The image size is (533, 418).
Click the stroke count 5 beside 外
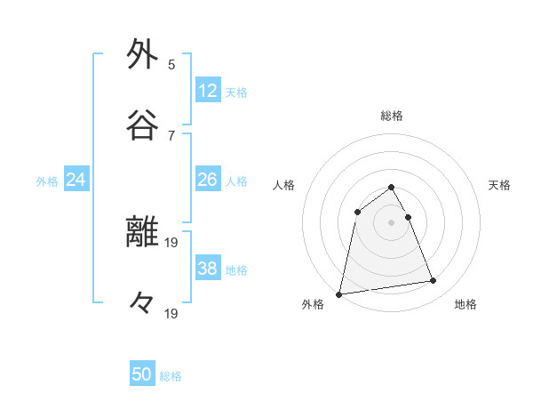(171, 64)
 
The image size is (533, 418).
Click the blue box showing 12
(208, 91)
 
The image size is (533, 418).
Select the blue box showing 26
(208, 180)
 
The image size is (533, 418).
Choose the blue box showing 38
(208, 269)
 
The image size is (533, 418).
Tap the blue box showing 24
(76, 180)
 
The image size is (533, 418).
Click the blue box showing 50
(142, 374)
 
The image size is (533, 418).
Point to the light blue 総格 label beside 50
(171, 376)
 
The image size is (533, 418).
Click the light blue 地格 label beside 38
(236, 270)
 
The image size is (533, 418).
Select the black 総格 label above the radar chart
(392, 116)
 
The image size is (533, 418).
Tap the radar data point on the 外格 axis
(339, 293)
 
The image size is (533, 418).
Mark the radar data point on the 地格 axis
(434, 281)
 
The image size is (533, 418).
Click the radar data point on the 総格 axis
(392, 188)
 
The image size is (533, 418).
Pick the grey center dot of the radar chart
(392, 221)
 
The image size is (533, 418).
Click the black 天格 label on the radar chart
(500, 185)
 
